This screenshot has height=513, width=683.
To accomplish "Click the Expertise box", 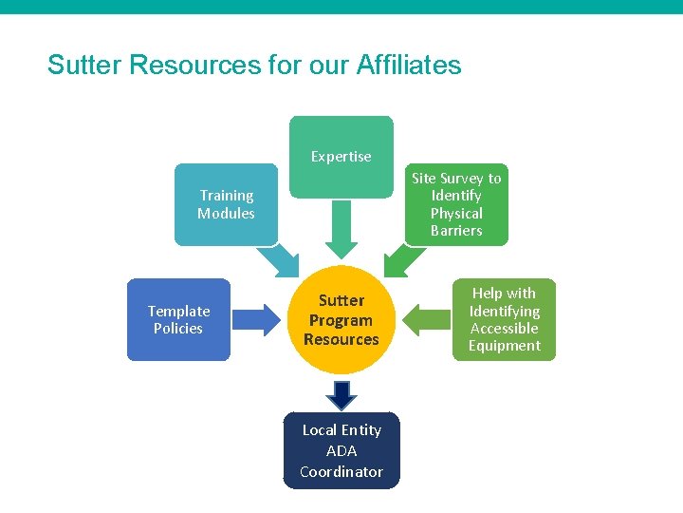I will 341,157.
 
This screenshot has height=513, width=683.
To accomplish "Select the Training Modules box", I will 226,204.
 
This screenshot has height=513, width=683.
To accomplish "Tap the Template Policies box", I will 178,319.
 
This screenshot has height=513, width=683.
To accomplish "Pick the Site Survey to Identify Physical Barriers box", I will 456,204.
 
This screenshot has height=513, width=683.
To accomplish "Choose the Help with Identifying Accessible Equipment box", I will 504,319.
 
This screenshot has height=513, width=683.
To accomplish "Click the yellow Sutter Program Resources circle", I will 341,320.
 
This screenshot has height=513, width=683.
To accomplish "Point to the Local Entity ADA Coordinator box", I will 341,450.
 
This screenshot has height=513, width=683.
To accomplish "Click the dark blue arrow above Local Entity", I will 341,394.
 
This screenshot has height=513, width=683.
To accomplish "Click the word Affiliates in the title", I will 409,66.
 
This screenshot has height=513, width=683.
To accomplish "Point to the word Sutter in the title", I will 84,66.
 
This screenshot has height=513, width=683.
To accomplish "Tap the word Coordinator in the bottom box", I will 341,471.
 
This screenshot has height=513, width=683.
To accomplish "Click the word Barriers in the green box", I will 456,231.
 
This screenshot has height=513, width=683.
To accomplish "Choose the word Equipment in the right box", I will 504,346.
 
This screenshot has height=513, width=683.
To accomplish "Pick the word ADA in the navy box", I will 341,450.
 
